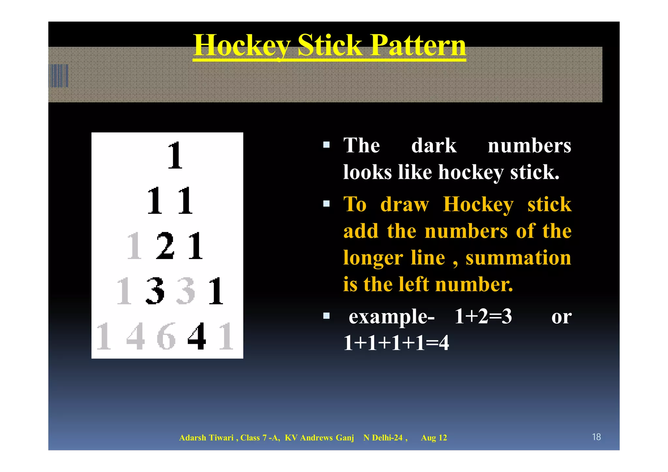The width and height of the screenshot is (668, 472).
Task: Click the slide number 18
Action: tap(596, 437)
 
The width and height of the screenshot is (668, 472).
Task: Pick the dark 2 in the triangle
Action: tap(165, 246)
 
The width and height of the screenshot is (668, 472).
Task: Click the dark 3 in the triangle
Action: tap(155, 291)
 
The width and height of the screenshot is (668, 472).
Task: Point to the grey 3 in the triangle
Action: tap(186, 291)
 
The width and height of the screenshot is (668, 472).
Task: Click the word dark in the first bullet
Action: tap(433, 145)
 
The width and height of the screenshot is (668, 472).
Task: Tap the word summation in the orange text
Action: tap(518, 258)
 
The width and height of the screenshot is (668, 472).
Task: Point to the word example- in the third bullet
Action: tap(391, 316)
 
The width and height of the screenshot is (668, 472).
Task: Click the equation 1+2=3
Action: tap(483, 316)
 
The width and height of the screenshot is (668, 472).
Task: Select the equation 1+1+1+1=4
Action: tap(396, 343)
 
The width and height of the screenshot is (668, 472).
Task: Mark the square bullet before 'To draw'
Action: tap(326, 204)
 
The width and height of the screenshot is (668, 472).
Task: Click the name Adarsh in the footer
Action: tap(193, 438)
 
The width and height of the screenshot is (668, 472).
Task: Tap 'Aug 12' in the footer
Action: tap(434, 438)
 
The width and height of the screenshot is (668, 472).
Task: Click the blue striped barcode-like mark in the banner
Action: tap(59, 76)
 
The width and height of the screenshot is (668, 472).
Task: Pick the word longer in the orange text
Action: tap(373, 258)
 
